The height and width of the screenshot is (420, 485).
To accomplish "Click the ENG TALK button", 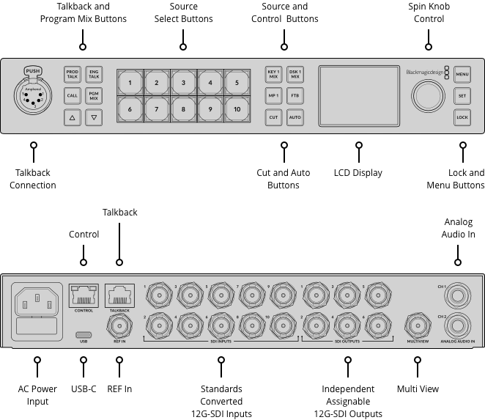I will pyautogui.click(x=94, y=74).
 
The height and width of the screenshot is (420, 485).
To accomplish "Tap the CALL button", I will pyautogui.click(x=73, y=95).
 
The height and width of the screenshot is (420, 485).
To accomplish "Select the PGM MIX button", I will pyautogui.click(x=94, y=95).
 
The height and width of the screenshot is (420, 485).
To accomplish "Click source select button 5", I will pyautogui.click(x=237, y=83).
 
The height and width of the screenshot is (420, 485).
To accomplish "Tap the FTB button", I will pyautogui.click(x=295, y=95).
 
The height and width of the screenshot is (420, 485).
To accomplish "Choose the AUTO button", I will pyautogui.click(x=295, y=117).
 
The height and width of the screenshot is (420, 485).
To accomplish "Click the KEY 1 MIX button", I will pyautogui.click(x=273, y=74).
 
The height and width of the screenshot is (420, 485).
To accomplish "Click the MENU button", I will pyautogui.click(x=462, y=74).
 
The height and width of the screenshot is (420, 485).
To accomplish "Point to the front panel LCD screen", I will pyautogui.click(x=358, y=95).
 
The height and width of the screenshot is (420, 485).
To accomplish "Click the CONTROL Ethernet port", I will pyautogui.click(x=83, y=295).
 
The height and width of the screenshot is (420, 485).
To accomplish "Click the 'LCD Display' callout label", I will pyautogui.click(x=358, y=173).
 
